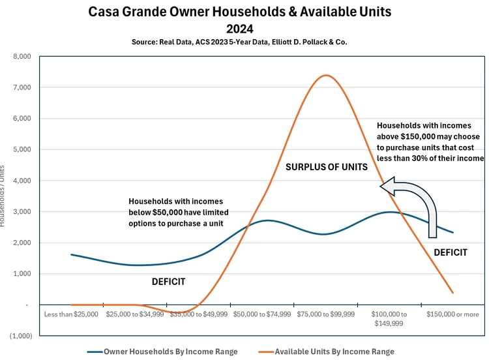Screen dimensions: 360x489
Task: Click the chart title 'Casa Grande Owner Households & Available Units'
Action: tap(239, 12)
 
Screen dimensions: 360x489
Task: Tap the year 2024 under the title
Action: tap(239, 29)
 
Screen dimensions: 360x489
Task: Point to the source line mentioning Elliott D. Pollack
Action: tap(239, 42)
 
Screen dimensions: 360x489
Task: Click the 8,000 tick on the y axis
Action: tap(22, 57)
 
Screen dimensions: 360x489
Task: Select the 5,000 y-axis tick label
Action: tap(22, 149)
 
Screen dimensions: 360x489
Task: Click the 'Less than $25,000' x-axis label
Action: tap(71, 314)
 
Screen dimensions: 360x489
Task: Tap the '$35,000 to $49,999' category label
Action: tap(198, 314)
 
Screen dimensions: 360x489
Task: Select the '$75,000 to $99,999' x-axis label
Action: tap(326, 314)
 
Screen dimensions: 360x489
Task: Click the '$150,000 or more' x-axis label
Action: tap(453, 314)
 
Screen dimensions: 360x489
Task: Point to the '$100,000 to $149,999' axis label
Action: tap(390, 318)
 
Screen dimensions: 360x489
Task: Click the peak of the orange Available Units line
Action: tap(325, 76)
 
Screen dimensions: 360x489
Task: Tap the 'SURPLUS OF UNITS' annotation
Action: tap(327, 168)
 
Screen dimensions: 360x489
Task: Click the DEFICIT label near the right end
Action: tap(451, 252)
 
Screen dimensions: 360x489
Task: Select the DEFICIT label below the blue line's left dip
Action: tap(168, 282)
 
